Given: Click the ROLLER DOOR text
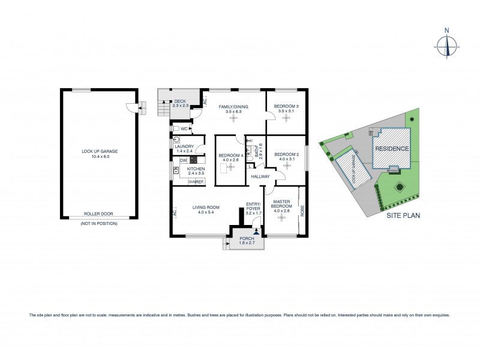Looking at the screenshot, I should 100,213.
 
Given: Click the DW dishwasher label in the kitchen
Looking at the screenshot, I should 183,160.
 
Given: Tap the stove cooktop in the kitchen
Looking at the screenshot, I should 194,160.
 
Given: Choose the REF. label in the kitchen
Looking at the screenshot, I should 201,181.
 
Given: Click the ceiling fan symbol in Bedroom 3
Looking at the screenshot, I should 286,118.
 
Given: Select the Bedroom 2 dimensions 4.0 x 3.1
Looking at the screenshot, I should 286,159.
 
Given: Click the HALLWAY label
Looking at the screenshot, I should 260,176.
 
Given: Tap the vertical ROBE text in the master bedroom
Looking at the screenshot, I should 302,211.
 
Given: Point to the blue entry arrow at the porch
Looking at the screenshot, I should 257,230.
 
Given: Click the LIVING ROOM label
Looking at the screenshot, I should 206,208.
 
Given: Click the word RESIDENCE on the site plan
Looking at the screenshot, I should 392,149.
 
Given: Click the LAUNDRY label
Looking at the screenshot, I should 184,146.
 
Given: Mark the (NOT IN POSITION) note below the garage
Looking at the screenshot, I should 100,223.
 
